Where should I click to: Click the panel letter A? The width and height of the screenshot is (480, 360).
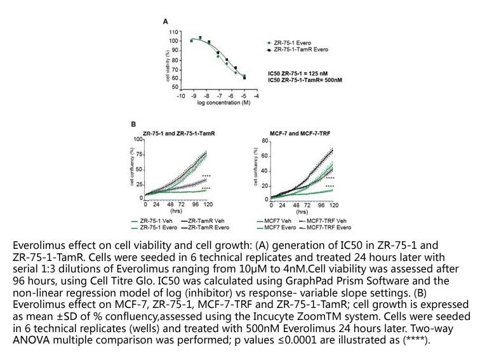pos(166,22)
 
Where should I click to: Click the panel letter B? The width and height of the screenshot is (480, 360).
pos(133,124)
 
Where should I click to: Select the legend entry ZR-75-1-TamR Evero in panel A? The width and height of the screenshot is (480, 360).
pos(298,50)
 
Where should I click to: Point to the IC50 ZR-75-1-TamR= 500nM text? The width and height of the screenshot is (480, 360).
pos(305,80)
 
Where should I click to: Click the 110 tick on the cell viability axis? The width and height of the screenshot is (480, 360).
pos(173,32)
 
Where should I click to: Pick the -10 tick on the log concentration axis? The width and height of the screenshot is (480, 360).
pos(181,96)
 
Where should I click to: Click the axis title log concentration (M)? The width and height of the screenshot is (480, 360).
pos(223,103)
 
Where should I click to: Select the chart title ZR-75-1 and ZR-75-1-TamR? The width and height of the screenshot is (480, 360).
pos(179,133)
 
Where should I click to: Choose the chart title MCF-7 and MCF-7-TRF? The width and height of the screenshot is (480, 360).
pos(300,133)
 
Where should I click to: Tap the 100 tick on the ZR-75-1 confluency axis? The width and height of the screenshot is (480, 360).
pos(138,139)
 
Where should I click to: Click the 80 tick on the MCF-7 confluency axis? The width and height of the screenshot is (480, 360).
pos(265,141)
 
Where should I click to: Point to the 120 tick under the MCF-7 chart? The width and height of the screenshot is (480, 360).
pos(334,205)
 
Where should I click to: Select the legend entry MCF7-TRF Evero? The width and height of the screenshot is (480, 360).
pos(325,227)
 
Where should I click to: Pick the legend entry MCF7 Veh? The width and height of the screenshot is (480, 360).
pos(274,221)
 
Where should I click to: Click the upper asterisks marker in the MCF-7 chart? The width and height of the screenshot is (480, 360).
pos(330,178)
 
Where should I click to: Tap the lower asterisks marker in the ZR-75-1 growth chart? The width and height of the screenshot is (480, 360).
pos(206,189)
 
